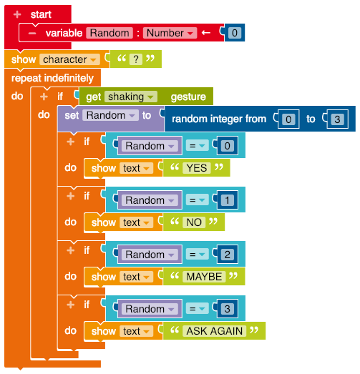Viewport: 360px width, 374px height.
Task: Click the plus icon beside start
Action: click(x=17, y=14)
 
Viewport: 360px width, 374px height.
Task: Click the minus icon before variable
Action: click(x=32, y=33)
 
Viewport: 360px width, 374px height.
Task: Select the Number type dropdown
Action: click(x=170, y=33)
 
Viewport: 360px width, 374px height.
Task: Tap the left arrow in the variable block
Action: click(x=206, y=33)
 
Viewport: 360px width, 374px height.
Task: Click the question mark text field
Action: click(x=136, y=59)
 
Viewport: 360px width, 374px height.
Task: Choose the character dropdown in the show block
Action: click(x=69, y=59)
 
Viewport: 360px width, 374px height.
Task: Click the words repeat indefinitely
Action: click(x=52, y=78)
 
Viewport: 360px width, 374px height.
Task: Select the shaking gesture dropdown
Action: click(x=131, y=97)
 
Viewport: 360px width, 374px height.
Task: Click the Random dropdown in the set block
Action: click(x=110, y=115)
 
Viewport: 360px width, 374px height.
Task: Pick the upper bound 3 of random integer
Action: click(x=337, y=119)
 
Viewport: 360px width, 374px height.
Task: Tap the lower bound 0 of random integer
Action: click(x=288, y=119)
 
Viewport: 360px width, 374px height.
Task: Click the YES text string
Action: click(x=197, y=168)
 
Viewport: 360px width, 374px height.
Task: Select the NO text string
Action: click(x=194, y=222)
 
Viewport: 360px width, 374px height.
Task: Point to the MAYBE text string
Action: click(x=204, y=277)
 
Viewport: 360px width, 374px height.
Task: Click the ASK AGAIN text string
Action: click(x=215, y=331)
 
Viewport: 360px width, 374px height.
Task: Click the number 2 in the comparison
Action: click(x=228, y=255)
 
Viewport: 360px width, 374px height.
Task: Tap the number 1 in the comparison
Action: click(x=228, y=200)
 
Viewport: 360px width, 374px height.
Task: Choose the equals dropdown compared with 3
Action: click(x=198, y=309)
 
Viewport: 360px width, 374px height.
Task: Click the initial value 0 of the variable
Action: click(x=235, y=33)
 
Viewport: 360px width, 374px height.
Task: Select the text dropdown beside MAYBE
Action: click(x=136, y=277)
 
